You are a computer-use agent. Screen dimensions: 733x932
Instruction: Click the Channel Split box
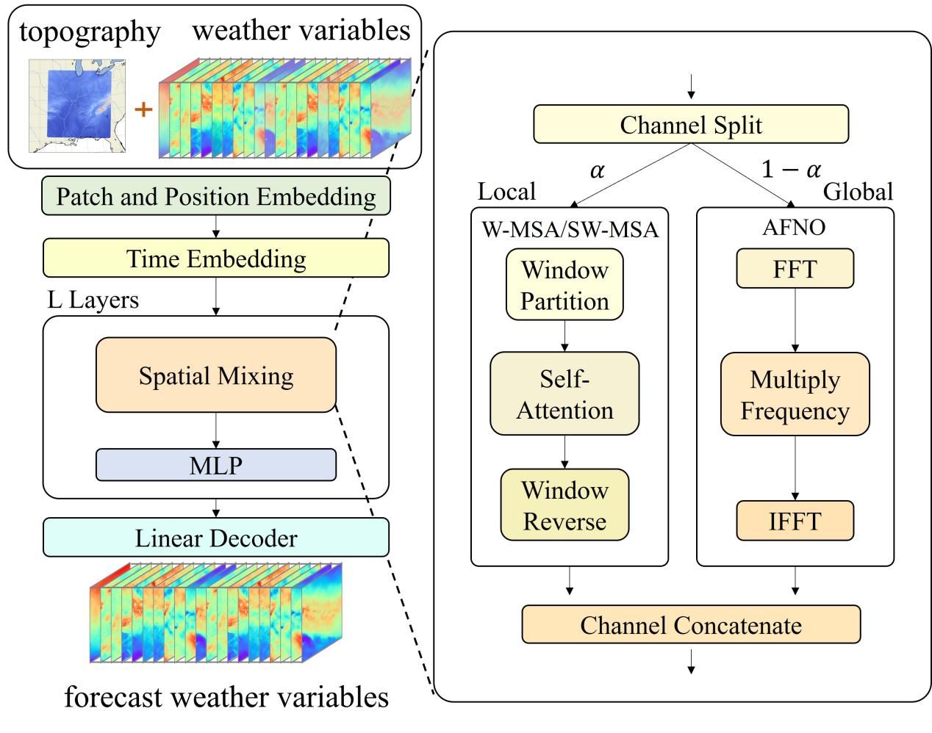point(690,124)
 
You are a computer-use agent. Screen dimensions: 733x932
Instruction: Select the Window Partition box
point(564,285)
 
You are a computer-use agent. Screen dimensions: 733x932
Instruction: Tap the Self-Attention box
point(564,394)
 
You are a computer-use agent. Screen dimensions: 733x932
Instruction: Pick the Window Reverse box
point(564,505)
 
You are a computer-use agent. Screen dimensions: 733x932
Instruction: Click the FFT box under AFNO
point(795,269)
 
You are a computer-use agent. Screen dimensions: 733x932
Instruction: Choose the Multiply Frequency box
point(795,394)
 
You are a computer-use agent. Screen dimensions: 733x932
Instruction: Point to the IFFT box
point(795,521)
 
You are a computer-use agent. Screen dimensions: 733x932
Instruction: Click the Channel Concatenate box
point(690,625)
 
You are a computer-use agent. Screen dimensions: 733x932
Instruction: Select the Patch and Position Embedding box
point(216,196)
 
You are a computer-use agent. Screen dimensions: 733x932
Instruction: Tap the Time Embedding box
point(216,259)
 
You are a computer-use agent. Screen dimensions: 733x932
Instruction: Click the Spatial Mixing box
point(216,375)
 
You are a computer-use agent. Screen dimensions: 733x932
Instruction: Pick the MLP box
point(216,465)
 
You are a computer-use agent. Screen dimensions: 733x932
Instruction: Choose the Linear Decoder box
point(216,538)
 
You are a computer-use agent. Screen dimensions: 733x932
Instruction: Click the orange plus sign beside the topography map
point(143,109)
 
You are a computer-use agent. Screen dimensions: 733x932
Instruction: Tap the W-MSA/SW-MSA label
point(570,229)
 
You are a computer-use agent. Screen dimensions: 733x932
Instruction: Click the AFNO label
point(794,227)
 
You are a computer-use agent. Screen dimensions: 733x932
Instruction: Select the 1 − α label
point(791,170)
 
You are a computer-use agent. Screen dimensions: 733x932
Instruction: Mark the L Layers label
point(93,300)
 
